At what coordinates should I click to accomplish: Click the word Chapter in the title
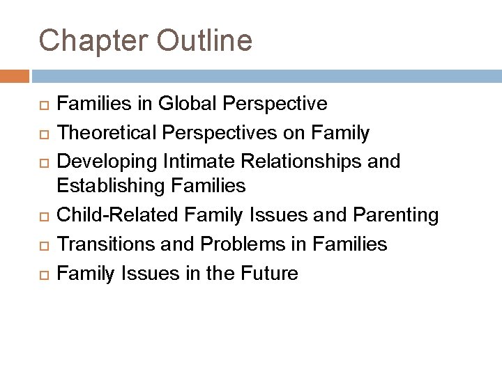[x=93, y=41]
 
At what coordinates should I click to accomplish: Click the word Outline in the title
[x=204, y=41]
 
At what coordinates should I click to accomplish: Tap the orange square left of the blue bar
[x=15, y=76]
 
